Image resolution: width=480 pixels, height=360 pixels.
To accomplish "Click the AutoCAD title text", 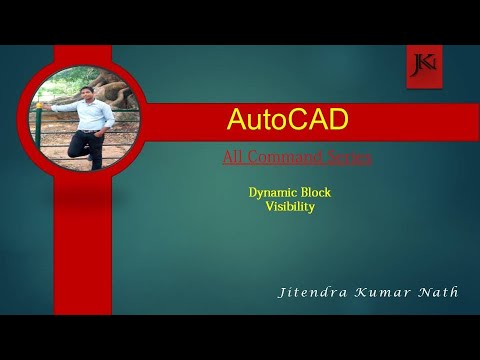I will point(287,121).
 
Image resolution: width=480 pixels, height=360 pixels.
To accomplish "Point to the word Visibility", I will point(291,207).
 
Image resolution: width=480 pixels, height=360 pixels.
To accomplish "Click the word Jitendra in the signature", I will point(314,292).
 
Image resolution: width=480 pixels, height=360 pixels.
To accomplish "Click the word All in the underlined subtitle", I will point(233,157).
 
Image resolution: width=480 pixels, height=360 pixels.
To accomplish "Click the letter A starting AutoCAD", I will point(236,121).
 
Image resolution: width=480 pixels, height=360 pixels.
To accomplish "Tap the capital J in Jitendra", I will point(285,292).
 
